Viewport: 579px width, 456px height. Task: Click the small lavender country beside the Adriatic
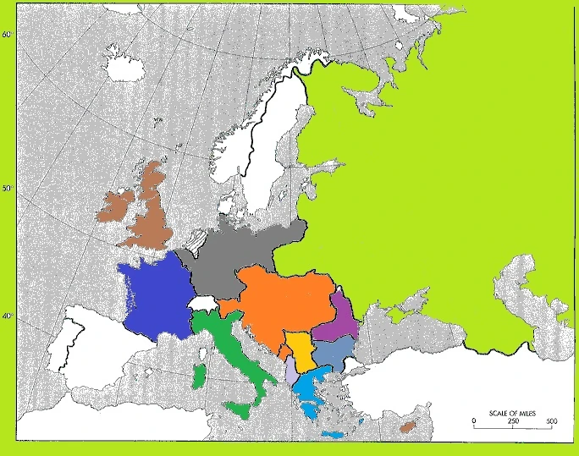click(291, 371)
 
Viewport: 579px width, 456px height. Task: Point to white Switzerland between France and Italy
click(203, 303)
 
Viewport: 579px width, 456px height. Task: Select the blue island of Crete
click(333, 434)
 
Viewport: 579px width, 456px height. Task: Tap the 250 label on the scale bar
click(513, 421)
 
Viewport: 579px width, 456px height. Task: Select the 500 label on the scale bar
click(550, 421)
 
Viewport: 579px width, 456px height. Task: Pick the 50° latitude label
click(7, 189)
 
